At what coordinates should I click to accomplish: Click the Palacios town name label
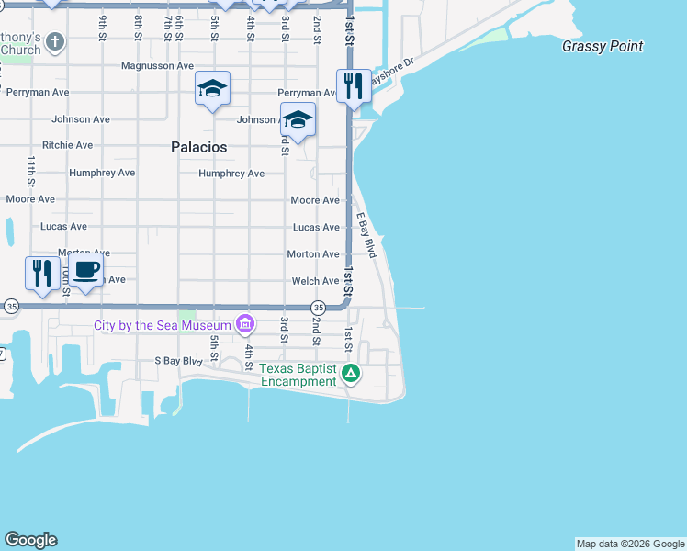coord(199,147)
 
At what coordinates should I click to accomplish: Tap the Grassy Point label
coord(603,46)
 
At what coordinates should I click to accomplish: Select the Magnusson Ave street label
coord(158,66)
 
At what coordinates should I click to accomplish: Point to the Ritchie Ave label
coord(67,145)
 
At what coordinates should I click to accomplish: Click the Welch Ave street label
coord(315,281)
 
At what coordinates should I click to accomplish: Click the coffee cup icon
coord(86,272)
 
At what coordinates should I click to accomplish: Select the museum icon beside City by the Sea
coord(244,324)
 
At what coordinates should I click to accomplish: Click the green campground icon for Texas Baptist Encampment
coord(350,373)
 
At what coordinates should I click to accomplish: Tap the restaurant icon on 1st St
coord(354,85)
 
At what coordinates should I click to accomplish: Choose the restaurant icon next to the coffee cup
coord(41,273)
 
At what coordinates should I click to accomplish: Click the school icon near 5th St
coord(212,88)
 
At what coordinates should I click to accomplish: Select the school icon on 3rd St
coord(298,119)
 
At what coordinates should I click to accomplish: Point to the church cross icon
coord(55,41)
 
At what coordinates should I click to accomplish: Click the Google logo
coord(30,540)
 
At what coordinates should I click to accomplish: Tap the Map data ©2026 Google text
coord(630,544)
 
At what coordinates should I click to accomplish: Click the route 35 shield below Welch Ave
coord(318,307)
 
